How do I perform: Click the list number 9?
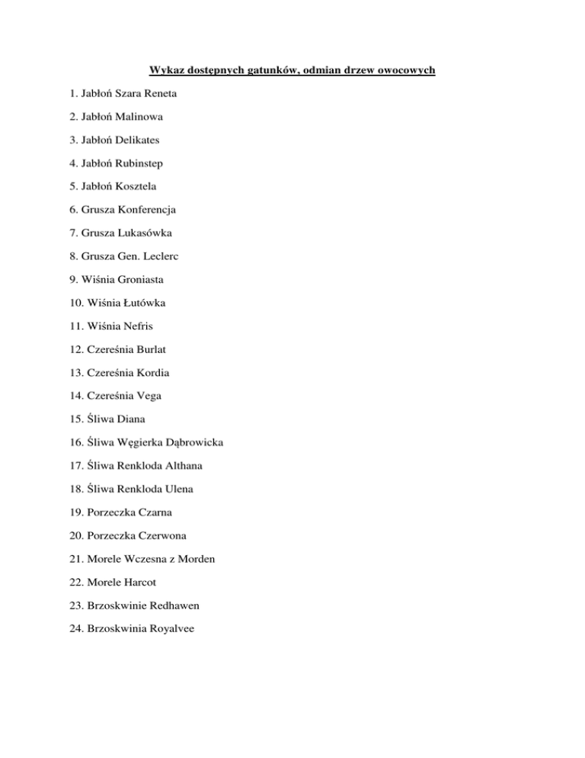pos(68,280)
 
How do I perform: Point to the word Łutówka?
pos(141,303)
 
